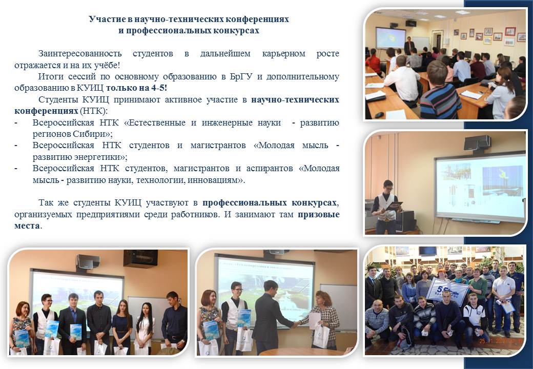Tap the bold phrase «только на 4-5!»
coord(137,88)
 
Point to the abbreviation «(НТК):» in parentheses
coord(93,111)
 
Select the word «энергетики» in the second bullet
coord(96,157)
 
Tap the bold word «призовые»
coord(318,215)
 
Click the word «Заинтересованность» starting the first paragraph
coord(80,54)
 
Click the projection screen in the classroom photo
coord(390,37)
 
